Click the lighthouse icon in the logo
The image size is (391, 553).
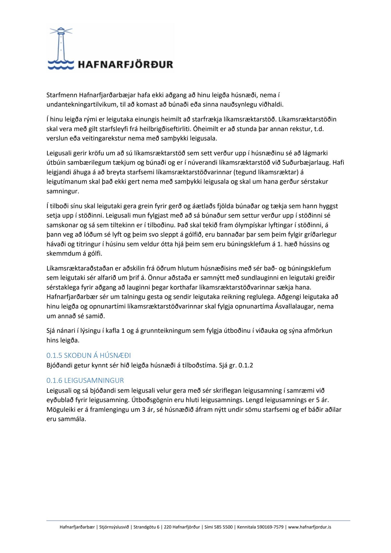(x=61, y=46)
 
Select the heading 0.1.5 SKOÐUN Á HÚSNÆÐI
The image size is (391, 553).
(x=89, y=355)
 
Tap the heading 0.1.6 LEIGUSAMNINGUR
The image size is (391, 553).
(x=85, y=380)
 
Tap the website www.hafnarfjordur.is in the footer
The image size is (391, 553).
(x=310, y=527)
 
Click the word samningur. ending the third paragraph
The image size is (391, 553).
(x=63, y=191)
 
